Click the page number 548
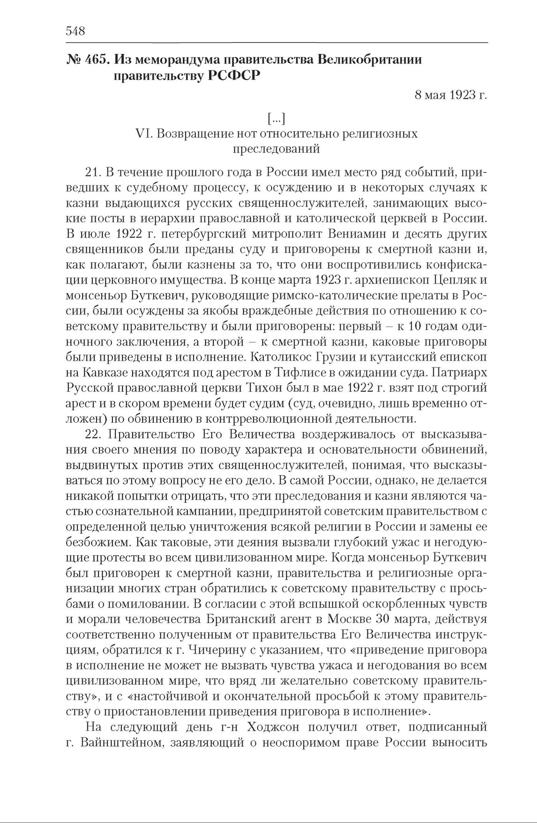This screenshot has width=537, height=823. (75, 31)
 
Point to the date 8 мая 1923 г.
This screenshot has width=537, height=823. (451, 96)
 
